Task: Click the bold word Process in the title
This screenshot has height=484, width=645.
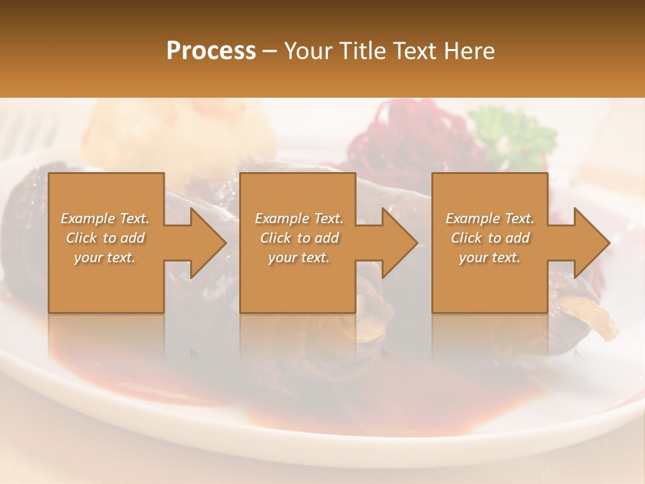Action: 211,51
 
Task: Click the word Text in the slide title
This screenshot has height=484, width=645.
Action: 414,51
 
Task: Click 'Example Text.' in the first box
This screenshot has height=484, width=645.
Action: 105,218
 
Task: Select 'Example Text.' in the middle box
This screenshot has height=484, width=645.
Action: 298,218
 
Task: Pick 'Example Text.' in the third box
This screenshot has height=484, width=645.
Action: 490,218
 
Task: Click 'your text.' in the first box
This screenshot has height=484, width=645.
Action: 105,257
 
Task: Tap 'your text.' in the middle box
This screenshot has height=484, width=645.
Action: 298,257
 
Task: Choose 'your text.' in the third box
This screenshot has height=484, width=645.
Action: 490,257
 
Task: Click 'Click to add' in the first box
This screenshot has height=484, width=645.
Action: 105,238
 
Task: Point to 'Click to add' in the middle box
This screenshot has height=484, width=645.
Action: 298,238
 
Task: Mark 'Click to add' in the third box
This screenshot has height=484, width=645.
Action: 490,238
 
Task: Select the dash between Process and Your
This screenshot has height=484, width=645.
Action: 270,51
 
